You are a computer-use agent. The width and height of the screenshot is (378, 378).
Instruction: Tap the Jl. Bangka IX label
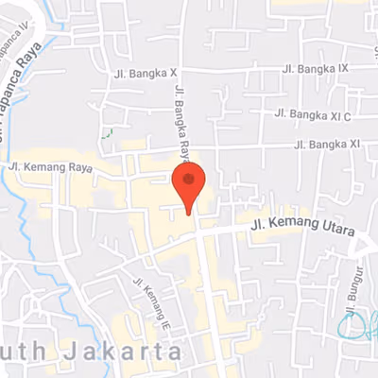316,69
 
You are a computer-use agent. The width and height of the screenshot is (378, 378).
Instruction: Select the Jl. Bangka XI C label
313,114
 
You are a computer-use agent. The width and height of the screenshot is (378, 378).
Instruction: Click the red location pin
188,184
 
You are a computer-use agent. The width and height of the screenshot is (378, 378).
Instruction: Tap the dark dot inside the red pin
188,179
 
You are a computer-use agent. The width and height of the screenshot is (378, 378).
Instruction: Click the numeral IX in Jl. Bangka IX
344,68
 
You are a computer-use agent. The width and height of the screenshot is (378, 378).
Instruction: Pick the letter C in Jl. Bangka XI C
347,114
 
